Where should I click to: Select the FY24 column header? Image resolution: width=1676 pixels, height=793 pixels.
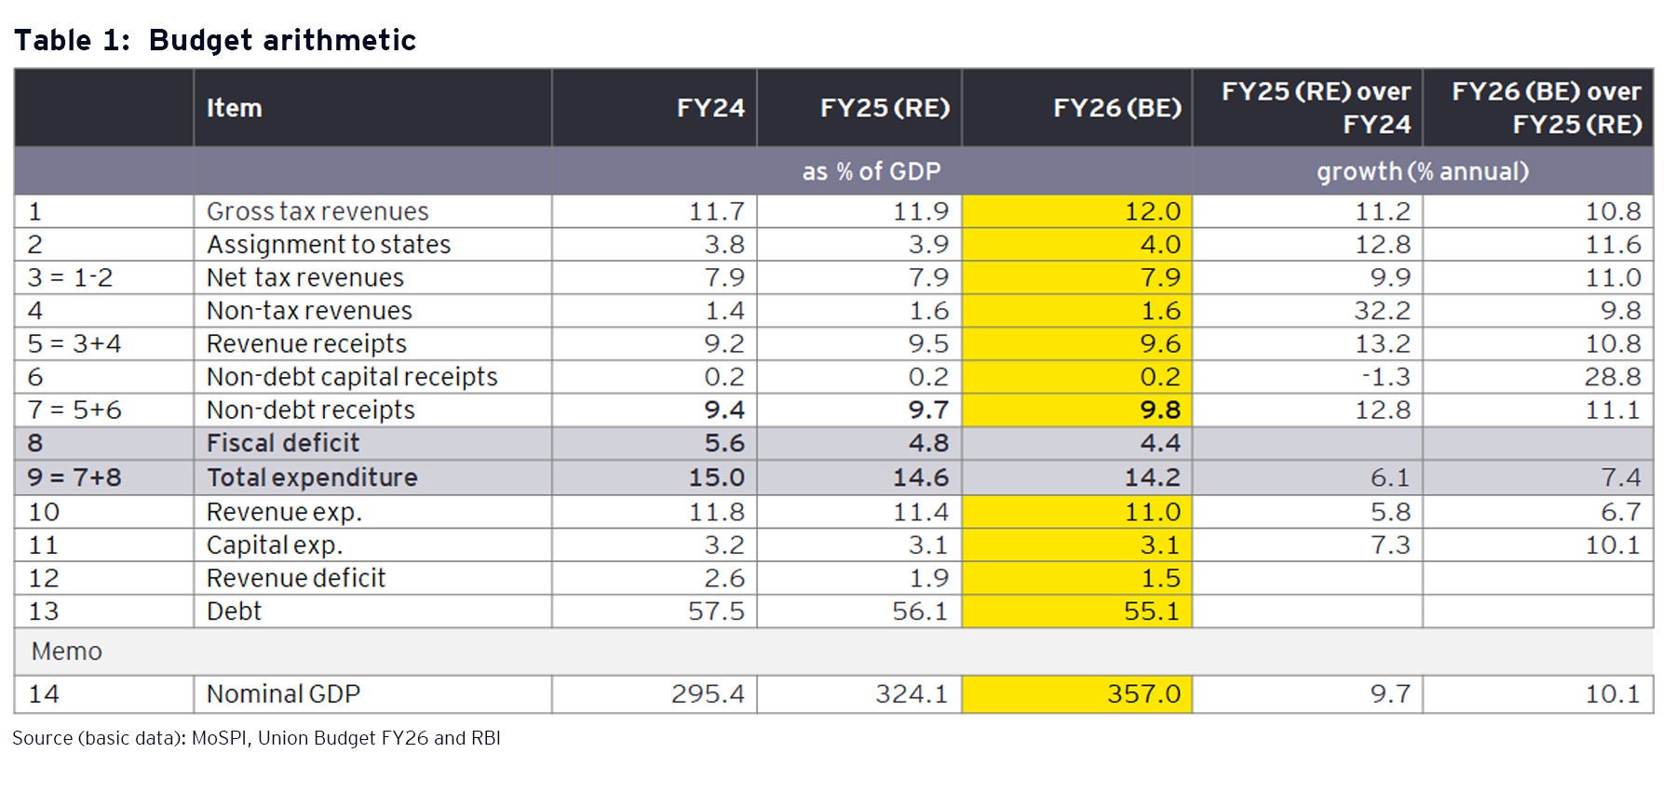(710, 108)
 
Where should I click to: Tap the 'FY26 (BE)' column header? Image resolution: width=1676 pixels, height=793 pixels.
(1116, 108)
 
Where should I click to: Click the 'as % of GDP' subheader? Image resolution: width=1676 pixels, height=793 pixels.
(872, 171)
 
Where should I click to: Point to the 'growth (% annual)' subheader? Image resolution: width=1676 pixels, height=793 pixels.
(1422, 171)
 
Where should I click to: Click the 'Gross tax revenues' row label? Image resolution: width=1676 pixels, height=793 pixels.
(318, 211)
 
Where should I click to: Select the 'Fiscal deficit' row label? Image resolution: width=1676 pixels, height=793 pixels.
(282, 443)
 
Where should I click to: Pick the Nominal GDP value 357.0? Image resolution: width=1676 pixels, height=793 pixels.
(1143, 694)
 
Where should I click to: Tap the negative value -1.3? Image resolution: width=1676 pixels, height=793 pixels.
(1385, 377)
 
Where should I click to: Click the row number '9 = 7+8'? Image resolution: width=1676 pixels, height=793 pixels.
(74, 477)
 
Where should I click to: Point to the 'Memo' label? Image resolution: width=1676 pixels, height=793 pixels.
(66, 652)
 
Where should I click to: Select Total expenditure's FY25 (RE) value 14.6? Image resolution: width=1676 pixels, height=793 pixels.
(920, 477)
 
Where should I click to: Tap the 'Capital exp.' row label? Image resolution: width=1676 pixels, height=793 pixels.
(274, 545)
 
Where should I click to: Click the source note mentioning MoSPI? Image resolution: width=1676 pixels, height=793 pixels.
(256, 738)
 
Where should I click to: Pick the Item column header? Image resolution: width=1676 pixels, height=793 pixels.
(234, 108)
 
